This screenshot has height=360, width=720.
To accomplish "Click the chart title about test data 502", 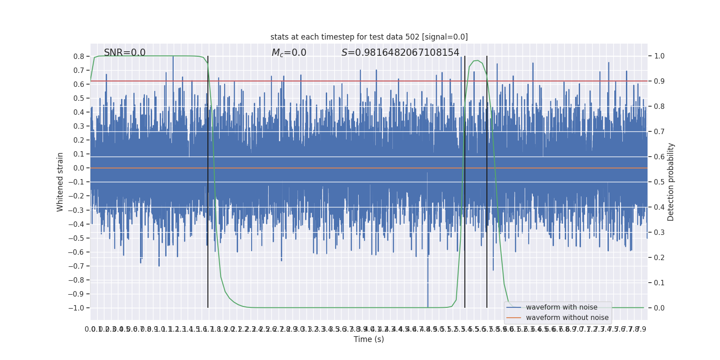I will pos(369,37).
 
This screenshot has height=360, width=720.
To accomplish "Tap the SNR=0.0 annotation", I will pos(125,53).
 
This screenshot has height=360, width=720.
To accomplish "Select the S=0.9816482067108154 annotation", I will pos(400,53).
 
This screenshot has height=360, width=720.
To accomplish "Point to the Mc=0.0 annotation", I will pos(289,53).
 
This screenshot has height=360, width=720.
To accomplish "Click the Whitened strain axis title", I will pos(60,182).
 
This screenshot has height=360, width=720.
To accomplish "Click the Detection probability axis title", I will pos(671,182).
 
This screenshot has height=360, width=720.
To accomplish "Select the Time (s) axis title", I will pos(369,339).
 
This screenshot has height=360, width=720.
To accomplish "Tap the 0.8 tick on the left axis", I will pos(79,56).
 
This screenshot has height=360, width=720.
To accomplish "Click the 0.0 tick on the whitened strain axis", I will pos(79,168).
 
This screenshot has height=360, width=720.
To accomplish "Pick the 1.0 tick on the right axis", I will pos(659,56).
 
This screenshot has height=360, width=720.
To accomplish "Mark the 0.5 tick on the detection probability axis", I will pos(659,182).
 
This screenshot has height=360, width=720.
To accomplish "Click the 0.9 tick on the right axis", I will pos(659,81).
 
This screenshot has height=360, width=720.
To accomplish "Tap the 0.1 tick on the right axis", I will pos(659,283).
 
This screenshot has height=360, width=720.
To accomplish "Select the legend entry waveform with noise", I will pos(562,307).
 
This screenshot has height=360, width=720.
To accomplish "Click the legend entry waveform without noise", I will pos(567,318).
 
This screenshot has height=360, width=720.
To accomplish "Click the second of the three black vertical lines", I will pos(465,180).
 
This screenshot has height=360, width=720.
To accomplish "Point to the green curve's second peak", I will pos(476,60).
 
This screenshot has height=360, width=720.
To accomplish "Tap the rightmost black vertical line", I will pos(487,180).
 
